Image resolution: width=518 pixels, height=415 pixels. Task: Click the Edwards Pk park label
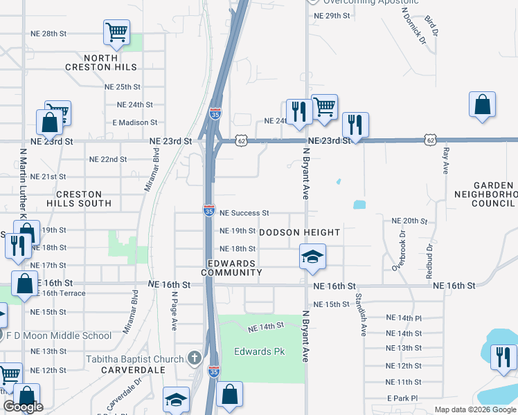click(x=260, y=351)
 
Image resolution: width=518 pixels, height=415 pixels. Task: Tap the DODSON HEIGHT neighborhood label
click(x=300, y=232)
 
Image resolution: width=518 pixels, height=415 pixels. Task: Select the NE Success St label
click(x=244, y=213)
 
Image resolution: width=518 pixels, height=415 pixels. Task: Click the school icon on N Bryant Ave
click(x=312, y=257)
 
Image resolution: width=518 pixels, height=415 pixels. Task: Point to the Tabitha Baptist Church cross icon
click(x=195, y=358)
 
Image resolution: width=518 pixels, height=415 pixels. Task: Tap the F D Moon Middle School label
click(x=59, y=336)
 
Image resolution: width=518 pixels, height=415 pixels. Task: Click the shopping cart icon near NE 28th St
click(x=116, y=32)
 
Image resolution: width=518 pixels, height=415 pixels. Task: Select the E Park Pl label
click(x=403, y=398)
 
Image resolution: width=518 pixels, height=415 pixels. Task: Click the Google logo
click(x=23, y=407)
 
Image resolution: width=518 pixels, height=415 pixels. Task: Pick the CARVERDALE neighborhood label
click(x=120, y=370)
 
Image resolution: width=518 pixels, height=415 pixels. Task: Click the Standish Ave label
click(x=359, y=315)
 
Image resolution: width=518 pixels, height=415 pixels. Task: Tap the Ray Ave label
click(x=446, y=160)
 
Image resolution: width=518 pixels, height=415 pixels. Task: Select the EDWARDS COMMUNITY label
click(x=232, y=268)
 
